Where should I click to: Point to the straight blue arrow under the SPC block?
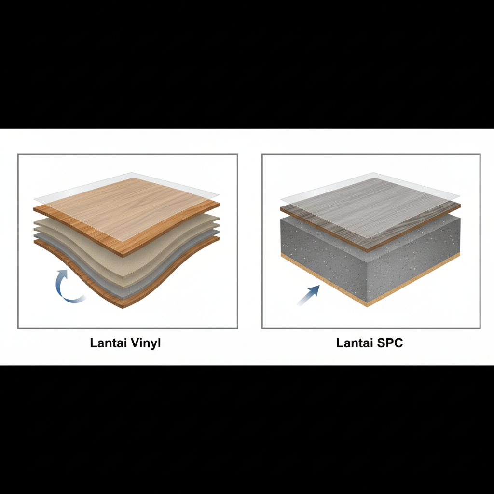[x=308, y=295]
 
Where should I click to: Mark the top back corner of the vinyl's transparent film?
[x=132, y=173]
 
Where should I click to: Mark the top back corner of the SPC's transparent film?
[x=373, y=173]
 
